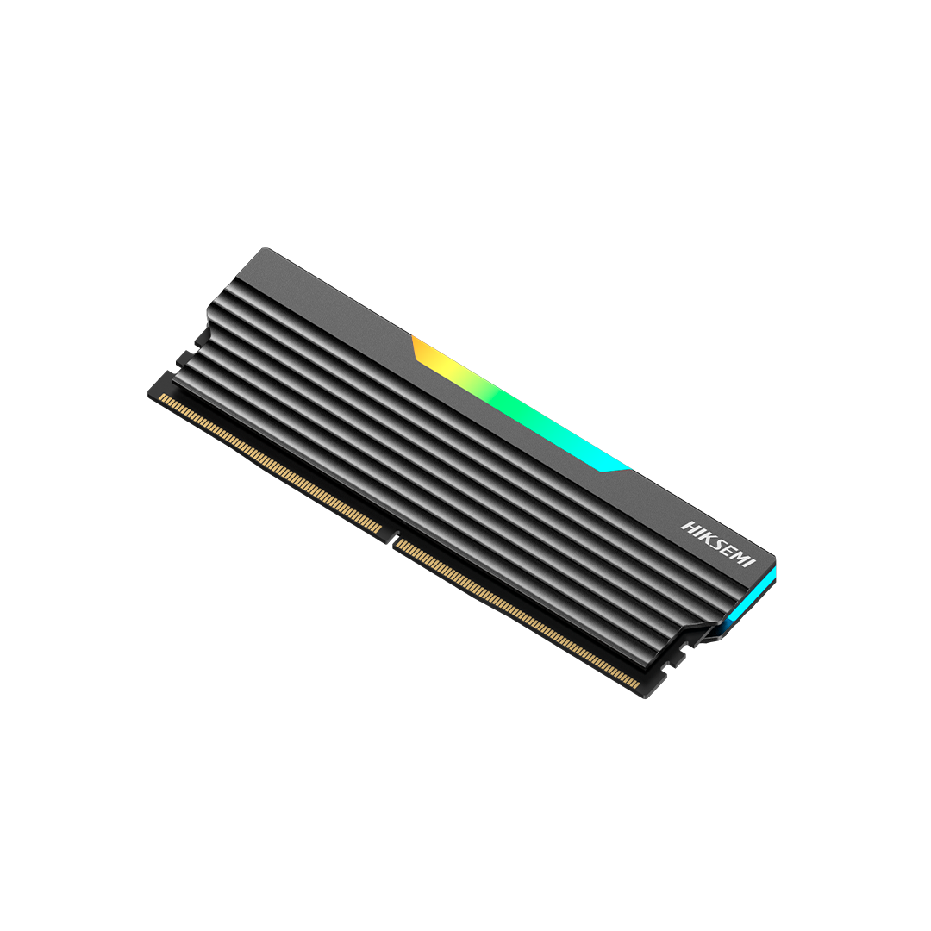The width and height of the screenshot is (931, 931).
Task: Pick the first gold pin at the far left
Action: pyautogui.click(x=162, y=397)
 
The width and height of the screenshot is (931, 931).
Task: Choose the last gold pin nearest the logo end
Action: pyautogui.click(x=637, y=685)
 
